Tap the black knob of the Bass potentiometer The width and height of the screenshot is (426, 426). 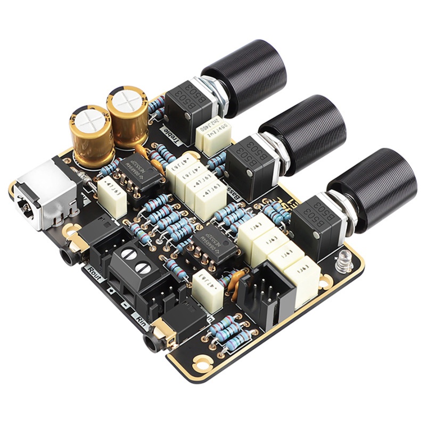pyautogui.click(x=304, y=130)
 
